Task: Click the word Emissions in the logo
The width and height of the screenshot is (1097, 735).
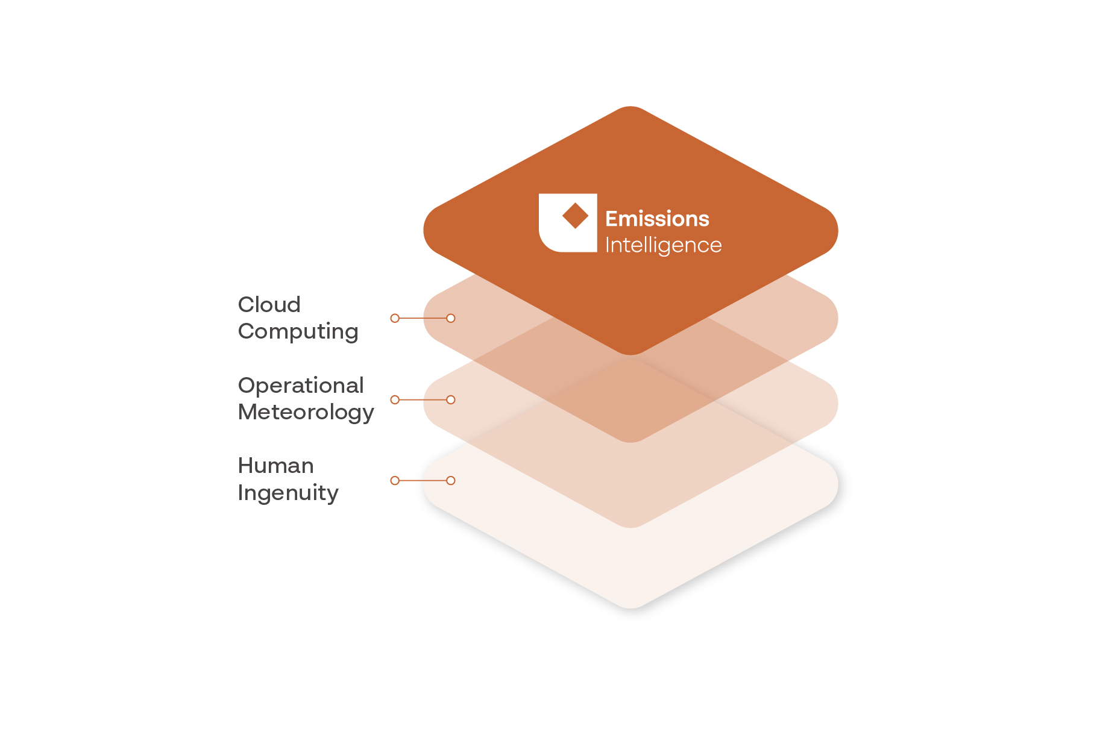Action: (x=657, y=219)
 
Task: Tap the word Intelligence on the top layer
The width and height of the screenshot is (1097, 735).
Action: (x=663, y=246)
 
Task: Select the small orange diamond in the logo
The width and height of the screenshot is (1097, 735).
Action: (x=575, y=216)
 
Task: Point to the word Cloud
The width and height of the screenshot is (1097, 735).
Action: (x=269, y=305)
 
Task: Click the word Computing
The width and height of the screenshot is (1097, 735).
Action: (x=298, y=332)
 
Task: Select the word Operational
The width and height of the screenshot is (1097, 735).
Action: (x=301, y=386)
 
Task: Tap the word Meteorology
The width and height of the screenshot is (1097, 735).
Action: (x=306, y=413)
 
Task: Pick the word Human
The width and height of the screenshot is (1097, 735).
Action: (x=275, y=466)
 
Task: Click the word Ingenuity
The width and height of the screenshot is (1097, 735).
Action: (x=288, y=493)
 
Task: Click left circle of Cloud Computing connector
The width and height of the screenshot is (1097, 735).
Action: (x=395, y=318)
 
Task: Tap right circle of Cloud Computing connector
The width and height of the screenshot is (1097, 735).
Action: (x=451, y=318)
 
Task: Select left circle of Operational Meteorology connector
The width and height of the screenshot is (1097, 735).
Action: (x=395, y=399)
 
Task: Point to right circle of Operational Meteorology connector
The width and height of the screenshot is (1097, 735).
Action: (x=451, y=399)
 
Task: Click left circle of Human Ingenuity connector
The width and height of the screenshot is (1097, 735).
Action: (x=395, y=480)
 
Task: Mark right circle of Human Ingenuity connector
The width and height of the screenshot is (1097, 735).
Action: (x=451, y=480)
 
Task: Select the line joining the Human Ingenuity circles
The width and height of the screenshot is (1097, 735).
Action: (x=423, y=480)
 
